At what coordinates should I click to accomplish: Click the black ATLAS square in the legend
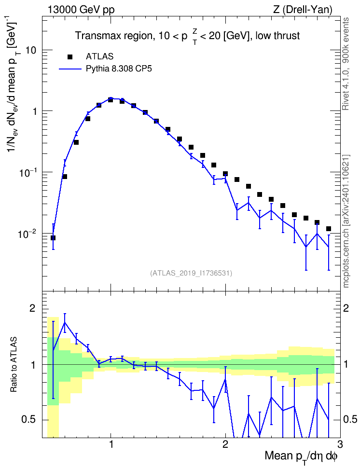coord(69,56)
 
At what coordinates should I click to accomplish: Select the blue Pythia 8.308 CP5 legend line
coord(70,69)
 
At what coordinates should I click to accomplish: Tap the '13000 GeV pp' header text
coord(81,10)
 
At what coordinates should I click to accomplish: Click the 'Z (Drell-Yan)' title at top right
coord(303,10)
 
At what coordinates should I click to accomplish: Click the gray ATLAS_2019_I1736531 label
coord(191,273)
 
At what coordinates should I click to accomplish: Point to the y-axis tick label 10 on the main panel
coord(30,50)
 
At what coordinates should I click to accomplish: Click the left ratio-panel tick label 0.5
coord(28,420)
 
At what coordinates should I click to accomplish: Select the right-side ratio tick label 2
coord(346,308)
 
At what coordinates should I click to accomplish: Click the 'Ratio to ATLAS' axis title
coord(14,365)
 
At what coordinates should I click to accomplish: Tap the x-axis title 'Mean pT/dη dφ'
coord(301,457)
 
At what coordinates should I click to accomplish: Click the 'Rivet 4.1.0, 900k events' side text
coord(346,64)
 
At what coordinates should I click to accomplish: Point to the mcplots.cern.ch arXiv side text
coord(346,221)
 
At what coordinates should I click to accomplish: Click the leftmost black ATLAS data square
coord(53,238)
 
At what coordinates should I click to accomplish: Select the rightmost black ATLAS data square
coord(328,229)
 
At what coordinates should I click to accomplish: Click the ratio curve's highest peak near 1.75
coord(65,322)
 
